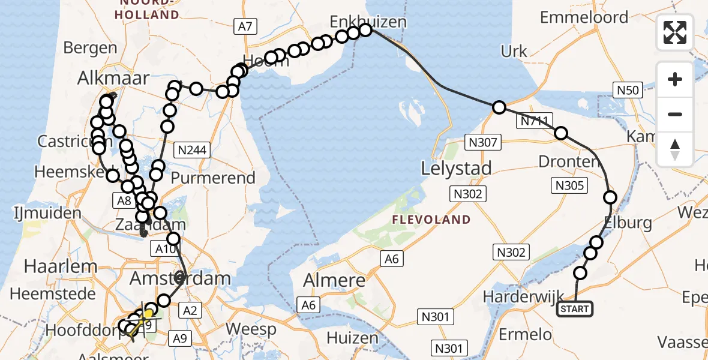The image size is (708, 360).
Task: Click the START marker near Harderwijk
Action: pyautogui.click(x=575, y=310)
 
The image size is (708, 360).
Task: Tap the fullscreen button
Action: pyautogui.click(x=675, y=32)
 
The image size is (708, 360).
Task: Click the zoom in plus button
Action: pyautogui.click(x=675, y=79)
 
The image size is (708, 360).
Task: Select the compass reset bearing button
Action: pyautogui.click(x=675, y=149)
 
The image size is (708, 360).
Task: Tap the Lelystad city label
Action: pyautogui.click(x=457, y=168)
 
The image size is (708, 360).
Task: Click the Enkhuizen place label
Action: pyautogui.click(x=368, y=22)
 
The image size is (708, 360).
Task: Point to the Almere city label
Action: pyautogui.click(x=334, y=280)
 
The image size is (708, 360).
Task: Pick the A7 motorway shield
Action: pyautogui.click(x=244, y=26)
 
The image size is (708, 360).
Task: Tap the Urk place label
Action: pyautogui.click(x=514, y=52)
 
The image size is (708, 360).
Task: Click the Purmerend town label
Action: pyautogui.click(x=213, y=178)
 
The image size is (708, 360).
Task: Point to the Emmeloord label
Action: pyautogui.click(x=584, y=17)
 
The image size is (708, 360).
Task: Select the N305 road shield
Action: pyautogui.click(x=569, y=185)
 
